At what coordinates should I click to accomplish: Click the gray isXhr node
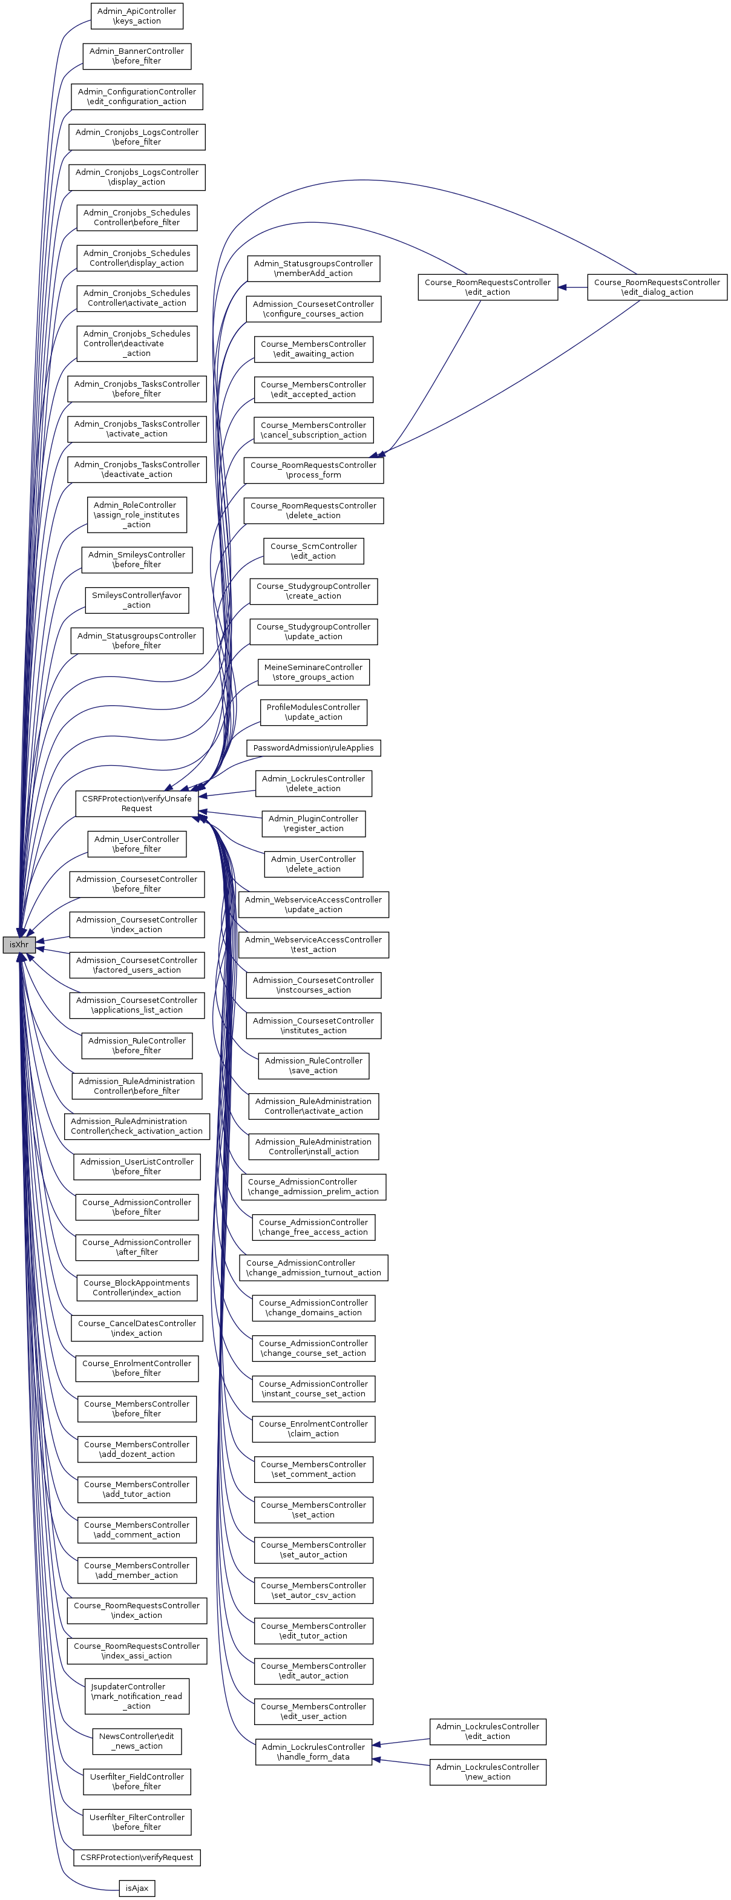pyautogui.click(x=18, y=944)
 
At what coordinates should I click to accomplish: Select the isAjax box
pyautogui.click(x=137, y=1888)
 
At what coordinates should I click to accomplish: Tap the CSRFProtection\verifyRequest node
pyautogui.click(x=137, y=1857)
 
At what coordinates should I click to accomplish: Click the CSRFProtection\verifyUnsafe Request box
pyautogui.click(x=137, y=803)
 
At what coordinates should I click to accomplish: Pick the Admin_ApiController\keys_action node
pyautogui.click(x=137, y=16)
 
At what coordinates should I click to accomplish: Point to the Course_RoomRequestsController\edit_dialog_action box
pyautogui.click(x=657, y=287)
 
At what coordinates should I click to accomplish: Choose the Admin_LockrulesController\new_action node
pyautogui.click(x=488, y=1772)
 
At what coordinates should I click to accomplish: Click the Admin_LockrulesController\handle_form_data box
pyautogui.click(x=313, y=1752)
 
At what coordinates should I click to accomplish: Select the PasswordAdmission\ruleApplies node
pyautogui.click(x=313, y=748)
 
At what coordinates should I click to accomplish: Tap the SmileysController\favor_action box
pyautogui.click(x=137, y=600)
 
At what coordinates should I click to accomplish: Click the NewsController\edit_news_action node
pyautogui.click(x=137, y=1741)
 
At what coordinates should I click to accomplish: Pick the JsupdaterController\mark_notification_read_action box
pyautogui.click(x=137, y=1695)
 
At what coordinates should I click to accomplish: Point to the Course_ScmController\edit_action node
pyautogui.click(x=313, y=551)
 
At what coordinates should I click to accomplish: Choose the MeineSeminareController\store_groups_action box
pyautogui.click(x=313, y=672)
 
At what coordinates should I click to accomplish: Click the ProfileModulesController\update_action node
pyautogui.click(x=313, y=712)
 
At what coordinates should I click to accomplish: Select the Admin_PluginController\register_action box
pyautogui.click(x=313, y=823)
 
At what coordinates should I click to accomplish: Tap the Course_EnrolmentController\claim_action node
pyautogui.click(x=313, y=1428)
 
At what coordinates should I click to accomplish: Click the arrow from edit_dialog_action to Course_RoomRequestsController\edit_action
pyautogui.click(x=572, y=287)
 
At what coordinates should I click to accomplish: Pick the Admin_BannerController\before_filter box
pyautogui.click(x=137, y=56)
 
